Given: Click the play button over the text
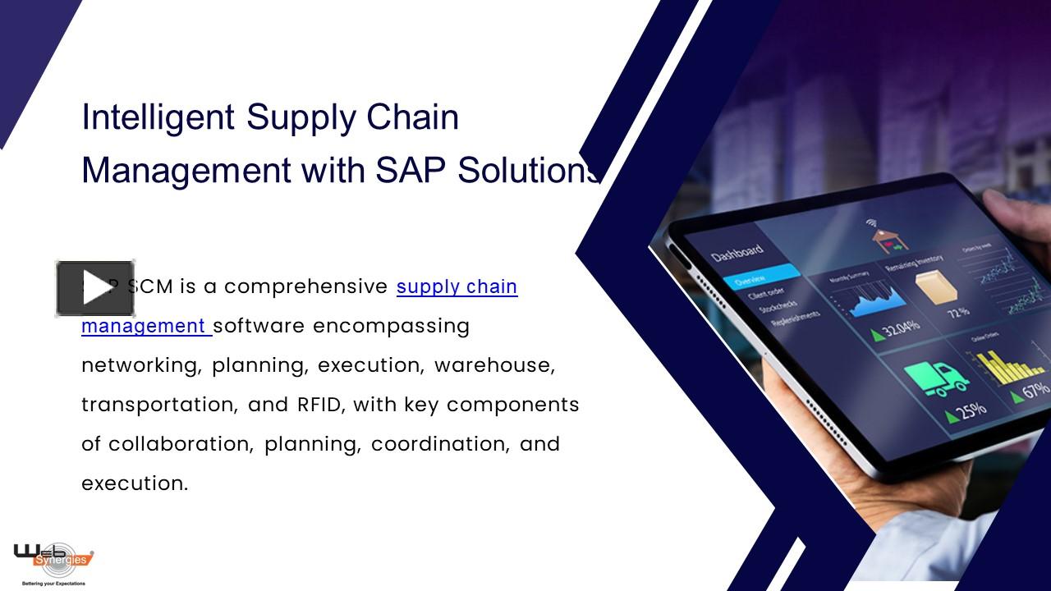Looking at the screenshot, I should [x=95, y=288].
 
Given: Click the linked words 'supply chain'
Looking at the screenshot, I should [x=457, y=286].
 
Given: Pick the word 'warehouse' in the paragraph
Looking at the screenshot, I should [x=494, y=365].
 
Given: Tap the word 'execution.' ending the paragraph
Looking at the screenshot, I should [x=135, y=483].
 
